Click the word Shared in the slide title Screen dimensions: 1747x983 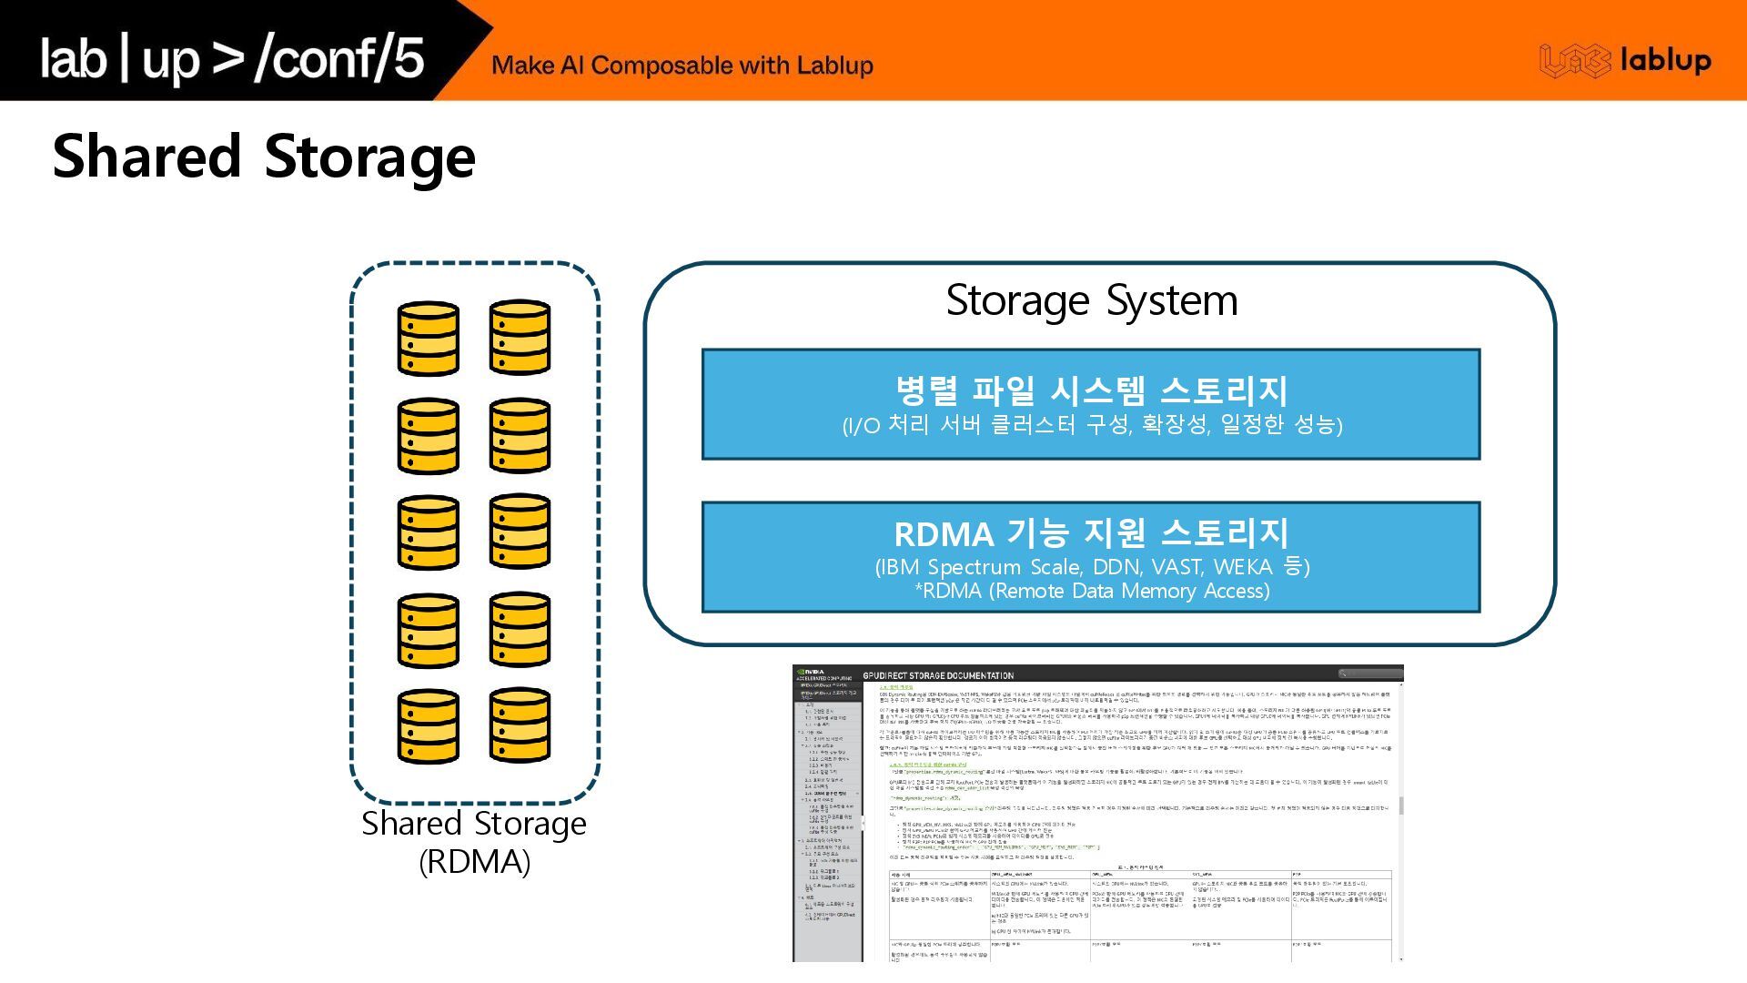(x=146, y=157)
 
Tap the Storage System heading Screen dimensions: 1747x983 (x=1092, y=300)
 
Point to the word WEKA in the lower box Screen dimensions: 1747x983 (x=1243, y=567)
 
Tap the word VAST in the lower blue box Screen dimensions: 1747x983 (x=1176, y=567)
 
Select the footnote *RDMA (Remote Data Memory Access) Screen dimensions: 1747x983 (x=1092, y=592)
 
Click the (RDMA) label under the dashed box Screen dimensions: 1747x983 (x=474, y=861)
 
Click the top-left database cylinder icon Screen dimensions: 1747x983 (x=428, y=339)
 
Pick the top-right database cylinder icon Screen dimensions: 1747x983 (x=520, y=337)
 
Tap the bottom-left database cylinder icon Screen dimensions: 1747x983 (x=428, y=726)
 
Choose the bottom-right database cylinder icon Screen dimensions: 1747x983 (x=520, y=725)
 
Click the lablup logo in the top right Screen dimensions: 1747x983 (x=1625, y=61)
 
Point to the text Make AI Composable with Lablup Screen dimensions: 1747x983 (x=682, y=66)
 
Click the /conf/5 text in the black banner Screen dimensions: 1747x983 (x=339, y=58)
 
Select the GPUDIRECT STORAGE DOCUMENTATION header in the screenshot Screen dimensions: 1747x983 (x=937, y=675)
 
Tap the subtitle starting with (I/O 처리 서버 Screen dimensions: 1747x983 (x=1092, y=425)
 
